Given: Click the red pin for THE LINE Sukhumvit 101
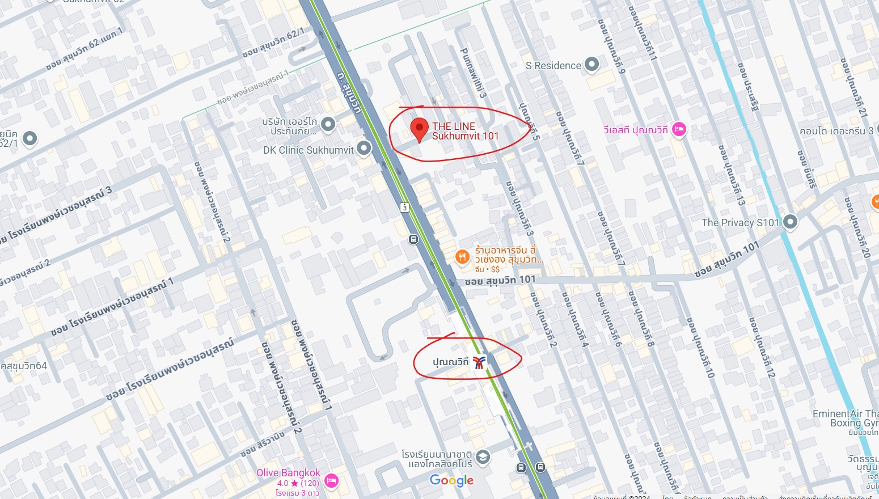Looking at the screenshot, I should (x=419, y=129).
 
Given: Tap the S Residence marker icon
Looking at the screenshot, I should (x=591, y=65).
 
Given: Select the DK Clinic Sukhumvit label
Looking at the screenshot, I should (x=308, y=150).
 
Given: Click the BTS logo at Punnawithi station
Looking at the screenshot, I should (x=479, y=362).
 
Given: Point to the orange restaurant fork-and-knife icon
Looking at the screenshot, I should (x=462, y=257).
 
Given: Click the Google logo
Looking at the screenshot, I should (x=451, y=481).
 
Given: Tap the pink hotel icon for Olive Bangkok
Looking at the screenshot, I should (x=331, y=481).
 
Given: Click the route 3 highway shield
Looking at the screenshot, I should (x=404, y=207).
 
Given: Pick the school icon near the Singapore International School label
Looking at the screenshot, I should (x=483, y=457).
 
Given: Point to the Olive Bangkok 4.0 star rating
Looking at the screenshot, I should (x=298, y=483).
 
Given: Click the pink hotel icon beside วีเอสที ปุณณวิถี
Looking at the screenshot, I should (x=679, y=130).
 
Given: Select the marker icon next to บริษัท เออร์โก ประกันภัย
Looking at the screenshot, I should (x=328, y=124).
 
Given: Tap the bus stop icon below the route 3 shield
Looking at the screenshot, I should (x=413, y=240).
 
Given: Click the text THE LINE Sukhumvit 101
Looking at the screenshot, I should (x=465, y=131).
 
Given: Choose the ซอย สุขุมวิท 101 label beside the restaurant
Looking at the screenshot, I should (x=500, y=280).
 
